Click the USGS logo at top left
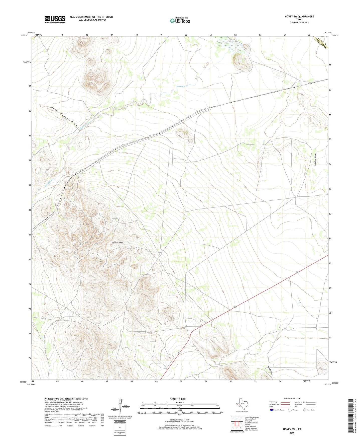(55, 19)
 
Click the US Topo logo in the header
(180, 21)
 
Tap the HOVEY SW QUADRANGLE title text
(299, 17)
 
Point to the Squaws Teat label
(117, 243)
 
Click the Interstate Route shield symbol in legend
(272, 410)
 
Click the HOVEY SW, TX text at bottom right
(292, 429)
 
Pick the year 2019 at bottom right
(292, 433)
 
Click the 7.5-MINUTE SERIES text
(299, 23)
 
